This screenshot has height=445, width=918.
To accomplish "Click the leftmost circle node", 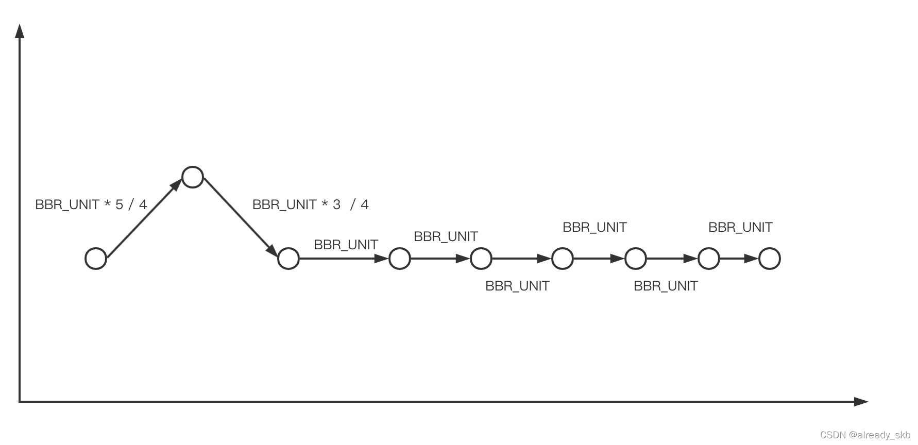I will (x=96, y=259).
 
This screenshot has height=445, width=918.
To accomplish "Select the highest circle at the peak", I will (x=193, y=177).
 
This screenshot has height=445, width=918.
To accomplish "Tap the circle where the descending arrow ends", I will (x=288, y=259).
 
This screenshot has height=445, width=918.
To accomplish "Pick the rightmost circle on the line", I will (x=770, y=259).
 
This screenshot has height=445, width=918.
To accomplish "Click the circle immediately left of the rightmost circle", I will (x=709, y=259).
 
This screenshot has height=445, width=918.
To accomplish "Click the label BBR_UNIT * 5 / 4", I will (x=91, y=205).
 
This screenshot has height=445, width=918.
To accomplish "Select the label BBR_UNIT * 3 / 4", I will (x=310, y=205).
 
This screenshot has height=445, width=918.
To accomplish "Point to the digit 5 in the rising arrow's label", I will (x=120, y=205).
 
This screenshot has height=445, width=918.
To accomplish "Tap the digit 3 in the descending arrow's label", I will (x=337, y=205).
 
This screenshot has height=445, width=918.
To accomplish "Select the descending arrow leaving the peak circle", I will (x=240, y=216).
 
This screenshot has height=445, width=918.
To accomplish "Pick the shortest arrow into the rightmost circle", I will (x=739, y=259).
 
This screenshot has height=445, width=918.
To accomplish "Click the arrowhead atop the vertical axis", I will (x=20, y=31).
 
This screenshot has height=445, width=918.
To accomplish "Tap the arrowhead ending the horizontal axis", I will (x=861, y=401).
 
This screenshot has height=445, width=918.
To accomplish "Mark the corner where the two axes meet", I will (x=20, y=401).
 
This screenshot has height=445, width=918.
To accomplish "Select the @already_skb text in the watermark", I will (x=880, y=435).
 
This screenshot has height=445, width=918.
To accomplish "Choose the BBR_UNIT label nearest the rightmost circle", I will (x=740, y=227).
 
